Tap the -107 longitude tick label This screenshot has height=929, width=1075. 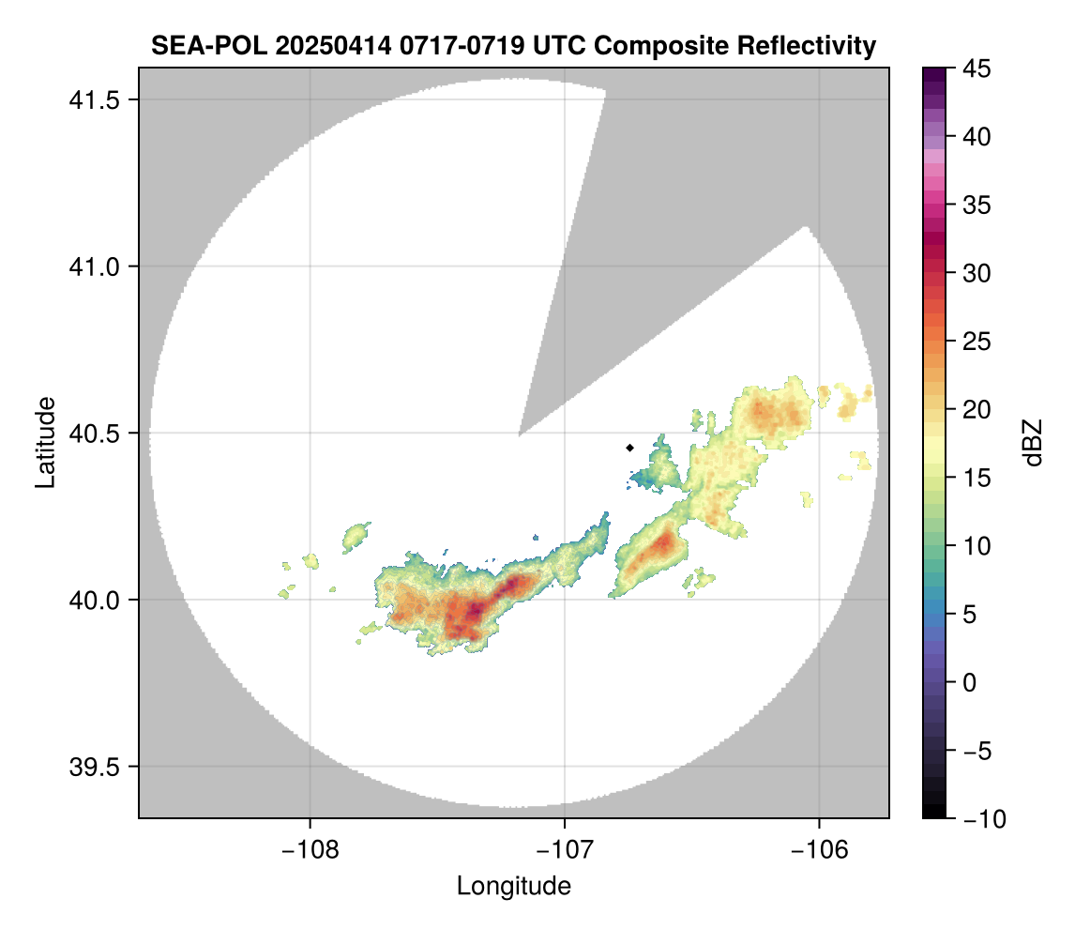coord(565,849)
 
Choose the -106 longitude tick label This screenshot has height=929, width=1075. coord(820,849)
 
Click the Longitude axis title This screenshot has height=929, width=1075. coord(514,886)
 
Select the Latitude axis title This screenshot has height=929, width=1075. coord(45,442)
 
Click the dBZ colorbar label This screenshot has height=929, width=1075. coord(1033,443)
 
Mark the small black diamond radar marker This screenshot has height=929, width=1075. coord(630,448)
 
